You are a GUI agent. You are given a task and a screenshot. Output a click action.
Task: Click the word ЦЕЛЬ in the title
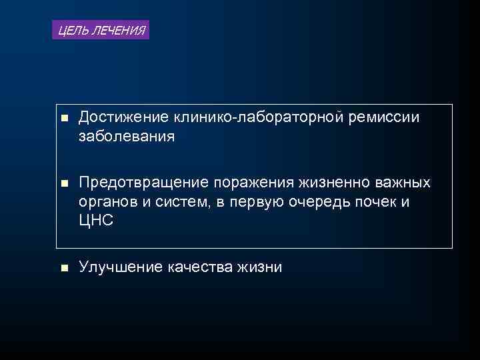tap(71, 30)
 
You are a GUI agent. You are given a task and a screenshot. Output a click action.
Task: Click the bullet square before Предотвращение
tap(64, 183)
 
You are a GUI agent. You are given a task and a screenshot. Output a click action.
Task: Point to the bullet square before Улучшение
tap(64, 268)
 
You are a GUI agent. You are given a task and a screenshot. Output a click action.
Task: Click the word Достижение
tap(124, 118)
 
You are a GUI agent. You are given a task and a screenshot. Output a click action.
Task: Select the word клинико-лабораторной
tap(258, 118)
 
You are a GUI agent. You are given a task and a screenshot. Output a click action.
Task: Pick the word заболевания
tap(127, 137)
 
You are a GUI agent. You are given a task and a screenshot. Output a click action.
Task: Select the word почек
tap(376, 202)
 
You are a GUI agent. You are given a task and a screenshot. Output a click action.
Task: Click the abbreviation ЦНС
tap(96, 221)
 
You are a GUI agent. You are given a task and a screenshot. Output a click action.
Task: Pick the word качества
tap(200, 267)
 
